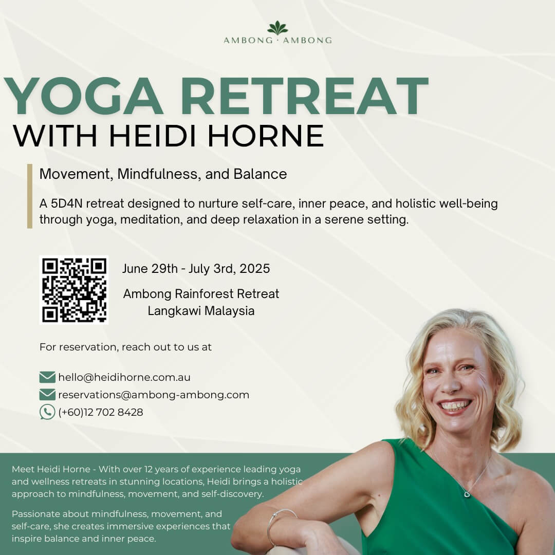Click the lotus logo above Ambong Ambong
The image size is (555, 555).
pos(277,28)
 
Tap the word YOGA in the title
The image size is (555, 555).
pos(84,96)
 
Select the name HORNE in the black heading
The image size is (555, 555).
pos(266,135)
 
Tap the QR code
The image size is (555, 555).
pos(74,289)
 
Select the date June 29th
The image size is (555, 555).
pos(150,269)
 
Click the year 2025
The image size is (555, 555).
pos(254,269)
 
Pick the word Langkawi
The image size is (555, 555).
pos(173,311)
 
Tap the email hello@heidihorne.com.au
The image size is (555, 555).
pos(124,377)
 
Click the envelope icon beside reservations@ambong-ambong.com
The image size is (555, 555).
pos(47,395)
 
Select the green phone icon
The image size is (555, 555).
pos(47,412)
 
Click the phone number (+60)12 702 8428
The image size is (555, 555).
pos(101,412)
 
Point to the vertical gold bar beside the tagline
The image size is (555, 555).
pos(30,196)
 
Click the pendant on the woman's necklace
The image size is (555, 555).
pos(467,494)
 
